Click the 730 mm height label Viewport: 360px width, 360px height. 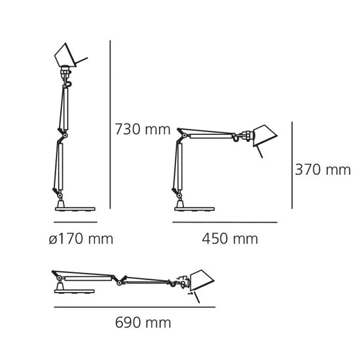click(x=143, y=129)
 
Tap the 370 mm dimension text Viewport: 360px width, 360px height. click(x=323, y=170)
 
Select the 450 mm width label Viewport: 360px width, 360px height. click(x=230, y=239)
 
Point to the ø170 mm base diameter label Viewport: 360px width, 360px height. click(x=81, y=239)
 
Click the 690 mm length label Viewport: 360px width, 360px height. click(x=143, y=323)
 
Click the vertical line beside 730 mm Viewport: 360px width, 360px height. click(x=110, y=124)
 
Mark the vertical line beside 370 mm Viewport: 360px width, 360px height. click(x=292, y=166)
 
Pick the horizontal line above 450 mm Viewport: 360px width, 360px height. click(x=225, y=223)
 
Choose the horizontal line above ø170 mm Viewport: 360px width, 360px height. click(x=75, y=222)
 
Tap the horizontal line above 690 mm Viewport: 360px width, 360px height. click(x=135, y=307)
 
